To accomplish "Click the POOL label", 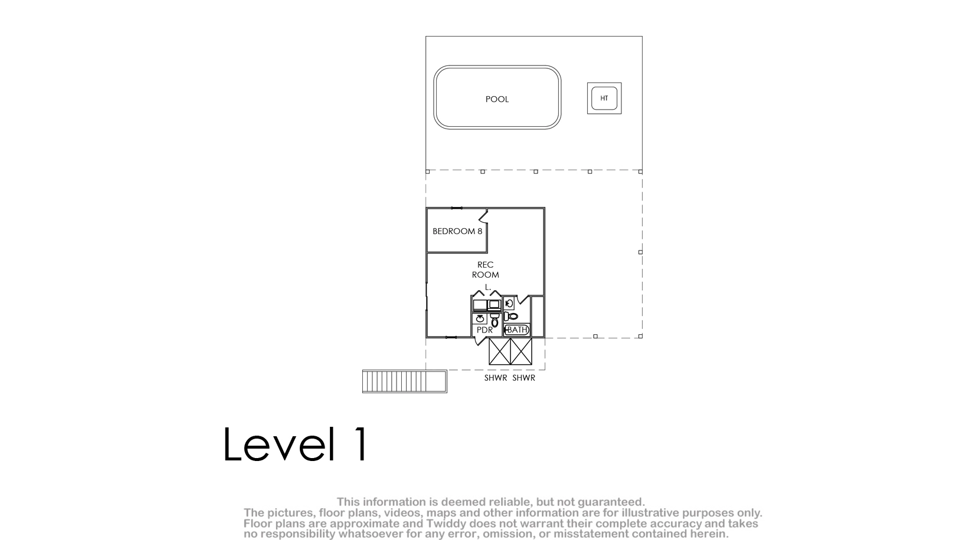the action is pyautogui.click(x=497, y=99).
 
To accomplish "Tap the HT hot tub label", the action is pyautogui.click(x=604, y=98).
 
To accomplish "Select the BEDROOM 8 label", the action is pyautogui.click(x=457, y=231).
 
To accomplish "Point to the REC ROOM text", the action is pyautogui.click(x=486, y=270).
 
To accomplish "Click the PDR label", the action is pyautogui.click(x=484, y=330).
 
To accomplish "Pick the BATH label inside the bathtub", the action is pyautogui.click(x=517, y=330).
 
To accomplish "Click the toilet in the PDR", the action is pyautogui.click(x=495, y=320).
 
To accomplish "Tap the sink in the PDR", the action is pyautogui.click(x=480, y=319).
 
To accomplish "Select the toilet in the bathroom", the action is pyautogui.click(x=511, y=317).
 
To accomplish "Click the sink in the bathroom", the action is pyautogui.click(x=509, y=303).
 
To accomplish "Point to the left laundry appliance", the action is pyautogui.click(x=480, y=305).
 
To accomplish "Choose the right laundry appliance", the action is pyautogui.click(x=494, y=305).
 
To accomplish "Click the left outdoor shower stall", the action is pyautogui.click(x=500, y=351).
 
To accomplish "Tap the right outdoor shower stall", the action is pyautogui.click(x=521, y=351).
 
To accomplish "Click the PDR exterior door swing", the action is pyautogui.click(x=481, y=341).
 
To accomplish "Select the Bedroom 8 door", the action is pyautogui.click(x=484, y=216).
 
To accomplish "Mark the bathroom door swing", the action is pyautogui.click(x=523, y=299).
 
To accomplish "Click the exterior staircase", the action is pyautogui.click(x=405, y=381).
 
